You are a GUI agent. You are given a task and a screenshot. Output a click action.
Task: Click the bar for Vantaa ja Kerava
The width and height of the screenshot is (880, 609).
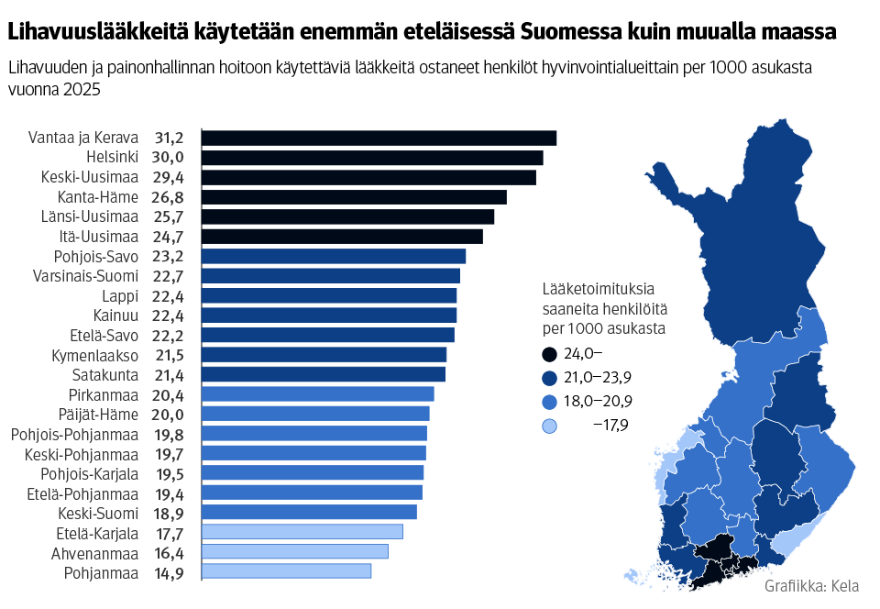(x=379, y=138)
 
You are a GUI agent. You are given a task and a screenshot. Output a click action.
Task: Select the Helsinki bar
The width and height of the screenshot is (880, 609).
(x=372, y=158)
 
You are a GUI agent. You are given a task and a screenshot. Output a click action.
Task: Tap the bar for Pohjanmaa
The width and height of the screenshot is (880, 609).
(x=286, y=571)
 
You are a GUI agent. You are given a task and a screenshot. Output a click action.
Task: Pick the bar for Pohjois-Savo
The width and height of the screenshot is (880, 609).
(x=334, y=256)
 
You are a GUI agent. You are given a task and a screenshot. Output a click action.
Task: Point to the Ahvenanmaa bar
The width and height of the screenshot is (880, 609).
(x=294, y=551)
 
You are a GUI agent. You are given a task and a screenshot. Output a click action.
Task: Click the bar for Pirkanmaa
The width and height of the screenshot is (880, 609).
(x=317, y=394)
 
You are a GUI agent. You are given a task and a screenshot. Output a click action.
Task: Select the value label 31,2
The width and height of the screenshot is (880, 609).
(x=169, y=138)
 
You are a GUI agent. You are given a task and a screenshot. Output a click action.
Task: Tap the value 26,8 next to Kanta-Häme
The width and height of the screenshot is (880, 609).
(x=169, y=197)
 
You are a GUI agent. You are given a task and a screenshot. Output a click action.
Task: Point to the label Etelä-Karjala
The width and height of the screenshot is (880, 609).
(x=97, y=533)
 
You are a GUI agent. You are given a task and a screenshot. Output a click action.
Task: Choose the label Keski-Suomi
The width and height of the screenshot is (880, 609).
(x=98, y=513)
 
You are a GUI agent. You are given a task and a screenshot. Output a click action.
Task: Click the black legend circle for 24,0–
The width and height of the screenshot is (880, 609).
(x=549, y=354)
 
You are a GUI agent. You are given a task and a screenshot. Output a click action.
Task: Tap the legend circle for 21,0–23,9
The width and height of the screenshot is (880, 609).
(x=549, y=378)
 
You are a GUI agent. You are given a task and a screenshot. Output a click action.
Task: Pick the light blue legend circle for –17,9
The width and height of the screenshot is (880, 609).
(x=549, y=426)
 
